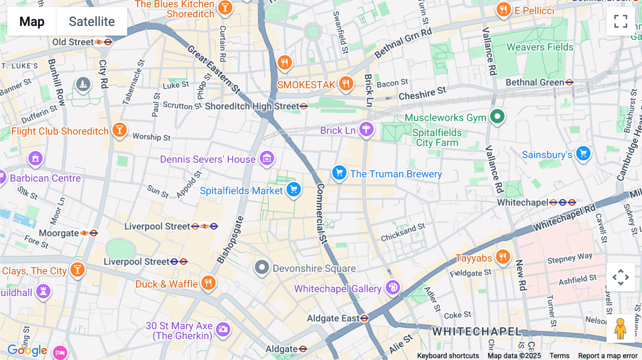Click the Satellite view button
92,21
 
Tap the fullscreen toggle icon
621,21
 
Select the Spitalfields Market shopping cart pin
294,190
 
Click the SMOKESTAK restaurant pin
346,84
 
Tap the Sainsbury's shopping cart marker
583,154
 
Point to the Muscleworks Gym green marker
497,116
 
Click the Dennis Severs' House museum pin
267,158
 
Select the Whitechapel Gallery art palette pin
393,287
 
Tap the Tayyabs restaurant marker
503,256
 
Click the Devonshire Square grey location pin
262,267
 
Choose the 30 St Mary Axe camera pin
223,329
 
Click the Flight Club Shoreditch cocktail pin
119,130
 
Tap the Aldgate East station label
333,318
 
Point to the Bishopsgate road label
230,240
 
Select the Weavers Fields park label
540,47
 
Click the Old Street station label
73,42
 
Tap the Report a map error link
608,356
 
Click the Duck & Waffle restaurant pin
208,283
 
